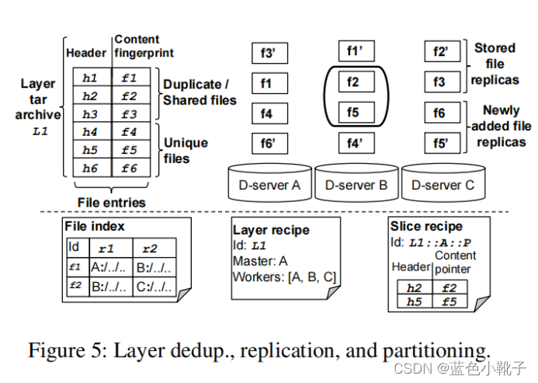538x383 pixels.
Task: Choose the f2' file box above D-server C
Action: tap(442, 52)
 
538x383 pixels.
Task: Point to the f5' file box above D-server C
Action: tap(442, 144)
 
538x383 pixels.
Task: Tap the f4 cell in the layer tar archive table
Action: tap(130, 132)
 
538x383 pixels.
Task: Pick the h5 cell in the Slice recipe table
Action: tap(414, 301)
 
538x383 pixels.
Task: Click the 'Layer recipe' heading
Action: tap(271, 230)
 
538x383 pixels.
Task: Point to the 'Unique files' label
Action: tap(186, 149)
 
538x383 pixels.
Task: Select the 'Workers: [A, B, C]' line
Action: tap(284, 277)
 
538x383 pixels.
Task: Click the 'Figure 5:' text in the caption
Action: tap(68, 350)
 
